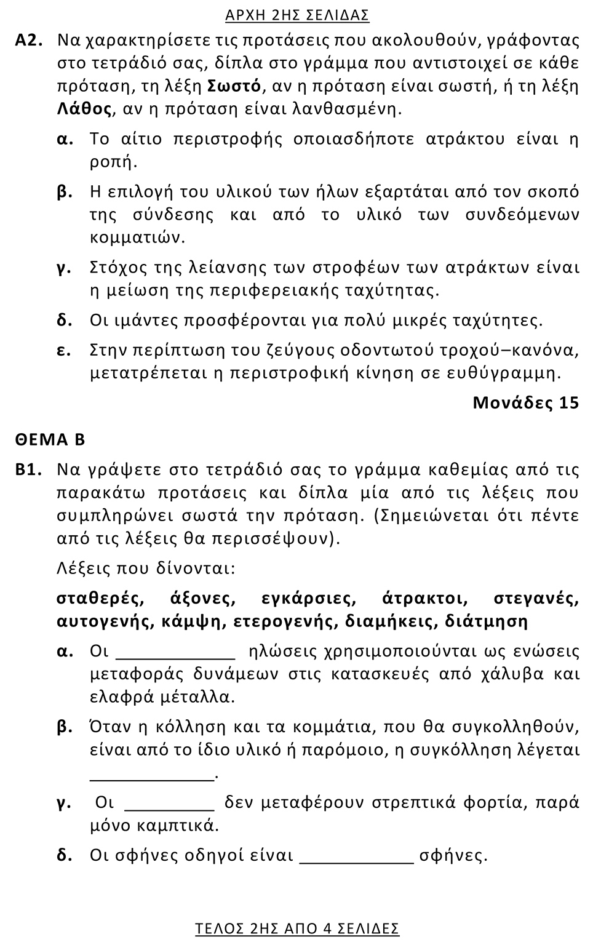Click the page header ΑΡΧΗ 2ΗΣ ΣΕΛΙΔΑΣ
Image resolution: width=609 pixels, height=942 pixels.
[x=297, y=15]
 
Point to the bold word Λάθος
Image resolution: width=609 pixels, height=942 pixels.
[x=84, y=110]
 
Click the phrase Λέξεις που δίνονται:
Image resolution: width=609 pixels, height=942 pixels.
[x=146, y=568]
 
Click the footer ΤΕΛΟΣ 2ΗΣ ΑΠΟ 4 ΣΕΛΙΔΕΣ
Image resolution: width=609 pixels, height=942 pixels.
[x=297, y=928]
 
